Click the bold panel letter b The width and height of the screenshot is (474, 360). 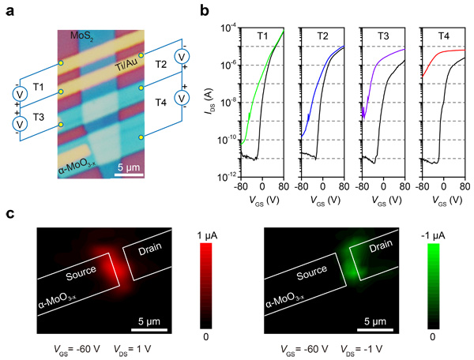(204, 11)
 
